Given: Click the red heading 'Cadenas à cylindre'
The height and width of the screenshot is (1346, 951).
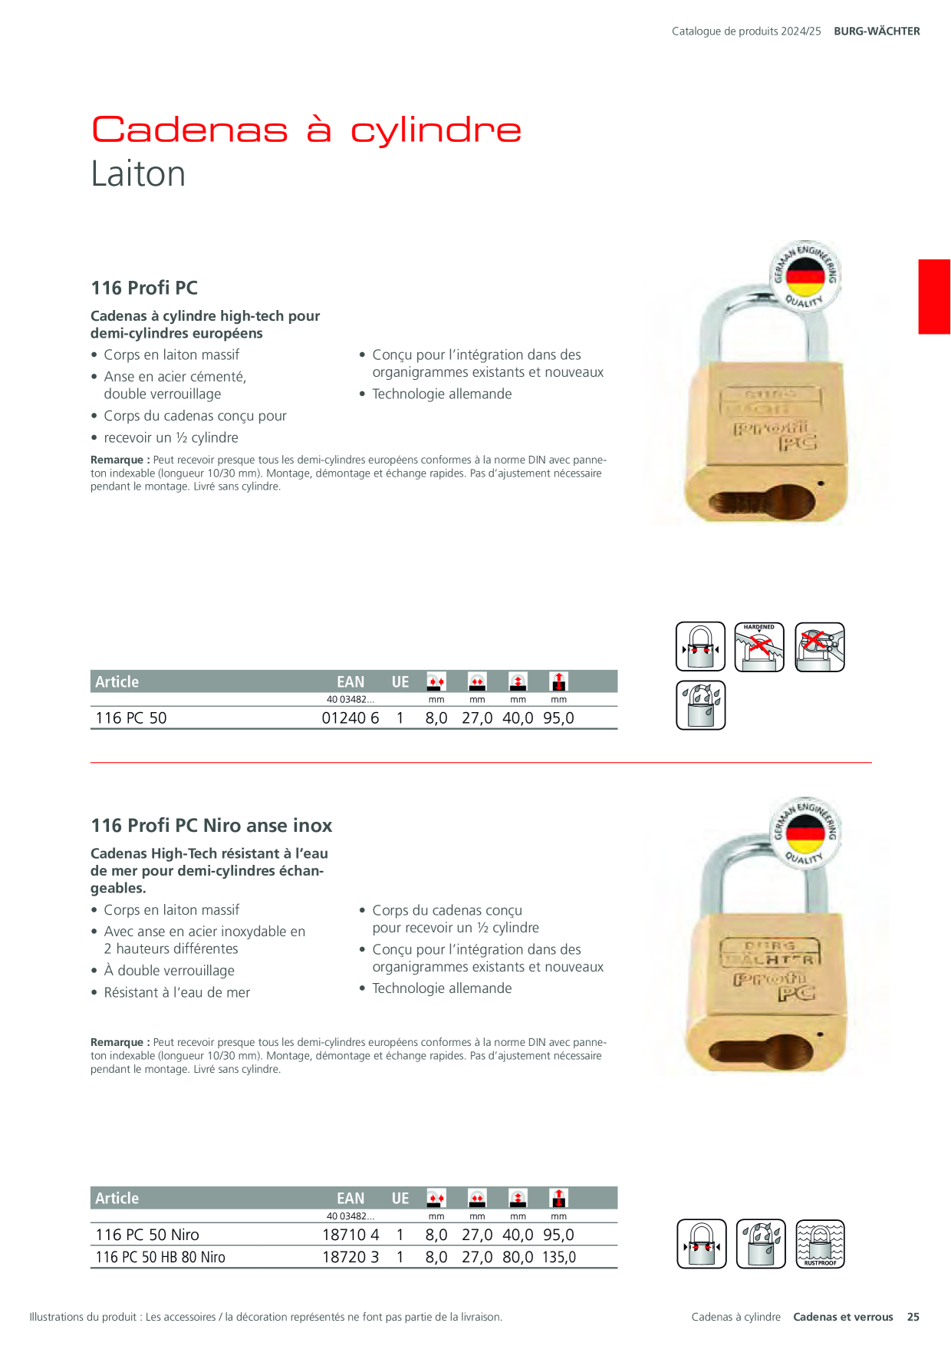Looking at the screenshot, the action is [306, 129].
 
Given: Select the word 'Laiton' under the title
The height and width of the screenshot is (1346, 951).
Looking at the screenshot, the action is [138, 174].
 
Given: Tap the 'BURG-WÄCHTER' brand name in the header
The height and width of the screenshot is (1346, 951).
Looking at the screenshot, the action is [877, 31].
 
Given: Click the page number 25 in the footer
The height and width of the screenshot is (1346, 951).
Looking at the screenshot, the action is [913, 1317].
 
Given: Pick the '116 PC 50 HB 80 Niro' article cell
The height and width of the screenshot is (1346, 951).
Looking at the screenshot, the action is [160, 1257].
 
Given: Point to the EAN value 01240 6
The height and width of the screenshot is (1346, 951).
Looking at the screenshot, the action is [350, 718].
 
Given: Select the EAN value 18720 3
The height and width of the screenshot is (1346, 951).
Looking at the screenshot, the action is [350, 1257].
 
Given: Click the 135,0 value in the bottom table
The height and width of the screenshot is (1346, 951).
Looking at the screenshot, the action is [559, 1257].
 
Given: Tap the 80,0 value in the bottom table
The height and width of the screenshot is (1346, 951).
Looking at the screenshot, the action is [518, 1257].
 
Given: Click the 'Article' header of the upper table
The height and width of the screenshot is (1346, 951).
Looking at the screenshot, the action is [117, 681].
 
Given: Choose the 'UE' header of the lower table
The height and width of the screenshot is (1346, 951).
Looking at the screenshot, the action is [400, 1198].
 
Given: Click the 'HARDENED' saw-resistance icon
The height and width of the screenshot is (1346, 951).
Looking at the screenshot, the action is [759, 647].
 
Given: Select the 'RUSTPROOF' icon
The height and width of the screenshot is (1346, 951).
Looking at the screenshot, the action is [820, 1244].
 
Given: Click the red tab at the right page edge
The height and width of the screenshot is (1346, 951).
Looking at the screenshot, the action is [934, 297].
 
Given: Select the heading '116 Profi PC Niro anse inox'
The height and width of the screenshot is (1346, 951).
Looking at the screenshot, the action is [212, 826].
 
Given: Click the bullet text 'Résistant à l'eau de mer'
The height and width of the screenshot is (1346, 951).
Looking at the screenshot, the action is [177, 992].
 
